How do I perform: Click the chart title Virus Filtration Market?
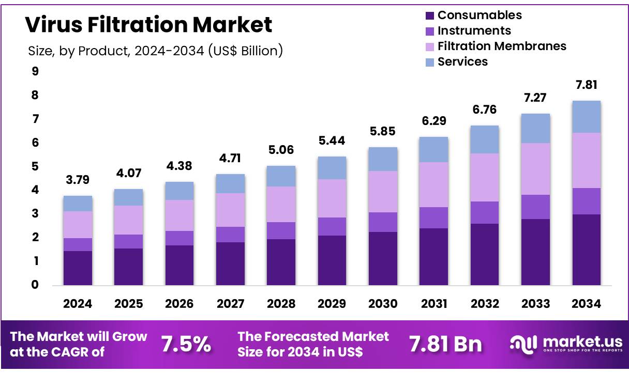[x=148, y=25]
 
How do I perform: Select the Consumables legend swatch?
[x=429, y=15]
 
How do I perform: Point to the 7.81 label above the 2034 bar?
[x=586, y=85]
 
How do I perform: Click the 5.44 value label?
[x=332, y=141]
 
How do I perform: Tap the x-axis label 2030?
[x=383, y=304]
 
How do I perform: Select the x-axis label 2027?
[x=230, y=304]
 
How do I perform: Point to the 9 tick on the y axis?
[x=35, y=72]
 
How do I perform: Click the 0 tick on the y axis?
[x=35, y=285]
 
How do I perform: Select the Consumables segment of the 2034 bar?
[x=586, y=250]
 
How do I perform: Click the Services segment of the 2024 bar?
[x=78, y=204]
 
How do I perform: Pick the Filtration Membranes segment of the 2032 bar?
[x=484, y=177]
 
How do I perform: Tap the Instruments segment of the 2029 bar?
[x=332, y=226]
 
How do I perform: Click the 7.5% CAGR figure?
[x=186, y=344]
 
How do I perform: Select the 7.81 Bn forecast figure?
[x=445, y=344]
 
